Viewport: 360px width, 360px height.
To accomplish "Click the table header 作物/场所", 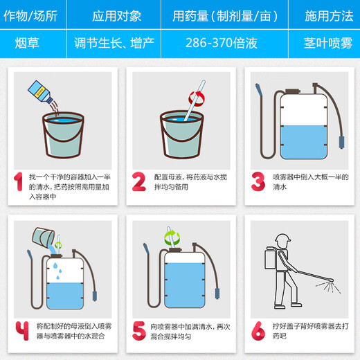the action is point(30,16).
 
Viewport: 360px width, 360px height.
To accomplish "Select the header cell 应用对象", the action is point(116,16).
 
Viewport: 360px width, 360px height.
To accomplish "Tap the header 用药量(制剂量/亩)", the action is point(225,16).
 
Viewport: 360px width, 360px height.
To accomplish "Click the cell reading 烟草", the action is point(27,43).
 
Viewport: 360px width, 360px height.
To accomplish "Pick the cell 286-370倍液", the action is point(222,43).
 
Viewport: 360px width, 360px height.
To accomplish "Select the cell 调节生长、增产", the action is point(114,43).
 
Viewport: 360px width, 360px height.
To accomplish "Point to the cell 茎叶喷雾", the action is point(328,43).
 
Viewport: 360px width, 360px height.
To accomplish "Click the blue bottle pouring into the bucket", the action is point(40,91).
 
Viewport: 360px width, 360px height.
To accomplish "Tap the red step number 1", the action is point(18,181).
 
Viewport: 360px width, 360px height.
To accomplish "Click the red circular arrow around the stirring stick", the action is point(197,99).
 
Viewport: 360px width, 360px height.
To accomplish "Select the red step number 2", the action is point(139,181).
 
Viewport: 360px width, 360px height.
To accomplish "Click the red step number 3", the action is point(258,181).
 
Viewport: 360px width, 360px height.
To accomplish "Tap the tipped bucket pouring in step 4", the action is point(44,237).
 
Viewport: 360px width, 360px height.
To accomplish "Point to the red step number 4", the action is point(22,331).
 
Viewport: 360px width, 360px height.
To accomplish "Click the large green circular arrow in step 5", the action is point(172,238).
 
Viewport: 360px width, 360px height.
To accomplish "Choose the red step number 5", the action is point(139,331).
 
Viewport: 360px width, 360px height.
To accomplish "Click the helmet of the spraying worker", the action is point(282,238).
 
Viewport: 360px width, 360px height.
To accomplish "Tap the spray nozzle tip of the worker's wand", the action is point(332,280).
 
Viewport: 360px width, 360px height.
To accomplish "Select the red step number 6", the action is point(258,331).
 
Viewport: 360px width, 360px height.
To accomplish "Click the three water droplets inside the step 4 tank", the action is point(58,271).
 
